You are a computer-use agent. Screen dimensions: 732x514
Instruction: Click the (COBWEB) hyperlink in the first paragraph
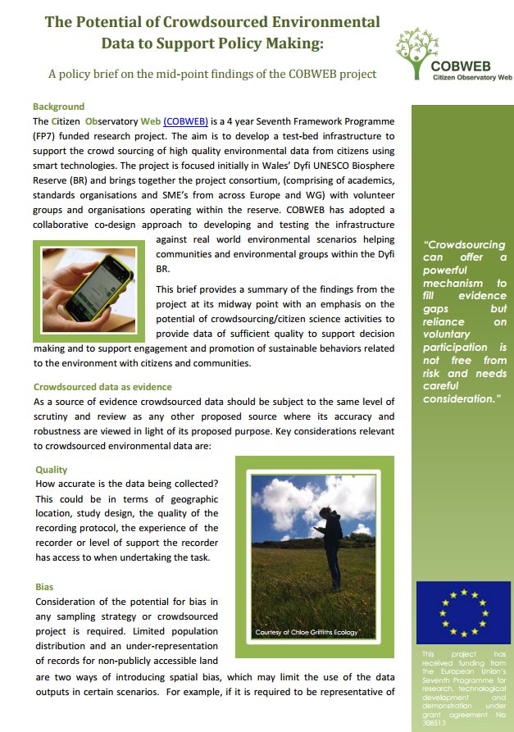(185, 120)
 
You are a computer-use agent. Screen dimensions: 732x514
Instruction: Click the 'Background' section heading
(58, 107)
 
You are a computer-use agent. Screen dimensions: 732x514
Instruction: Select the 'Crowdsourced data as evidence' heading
(102, 387)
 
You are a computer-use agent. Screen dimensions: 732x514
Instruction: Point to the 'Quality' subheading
(52, 470)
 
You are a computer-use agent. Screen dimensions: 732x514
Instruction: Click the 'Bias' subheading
(44, 588)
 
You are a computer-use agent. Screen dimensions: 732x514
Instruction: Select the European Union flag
(463, 612)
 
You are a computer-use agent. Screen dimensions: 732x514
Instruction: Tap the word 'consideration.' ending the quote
(462, 398)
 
